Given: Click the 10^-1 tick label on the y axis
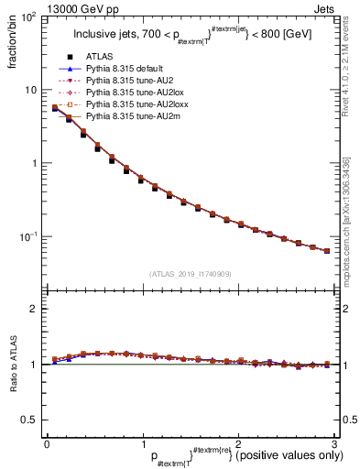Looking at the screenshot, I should pos(27,236).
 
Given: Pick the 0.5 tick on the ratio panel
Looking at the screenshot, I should pos(29,420).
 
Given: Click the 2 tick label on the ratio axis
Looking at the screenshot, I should pos(34,310).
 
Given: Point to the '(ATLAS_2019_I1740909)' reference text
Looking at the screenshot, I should pos(189,274).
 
